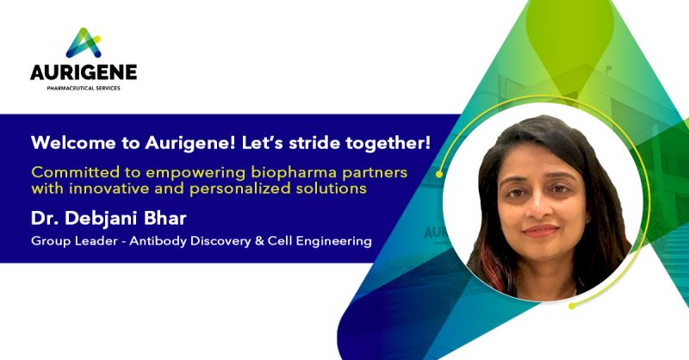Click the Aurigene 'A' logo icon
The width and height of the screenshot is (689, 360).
(84, 42)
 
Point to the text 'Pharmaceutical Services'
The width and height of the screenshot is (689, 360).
(84, 87)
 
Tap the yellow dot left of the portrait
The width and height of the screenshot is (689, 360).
(439, 173)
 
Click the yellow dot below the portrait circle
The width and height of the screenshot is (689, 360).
(571, 305)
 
